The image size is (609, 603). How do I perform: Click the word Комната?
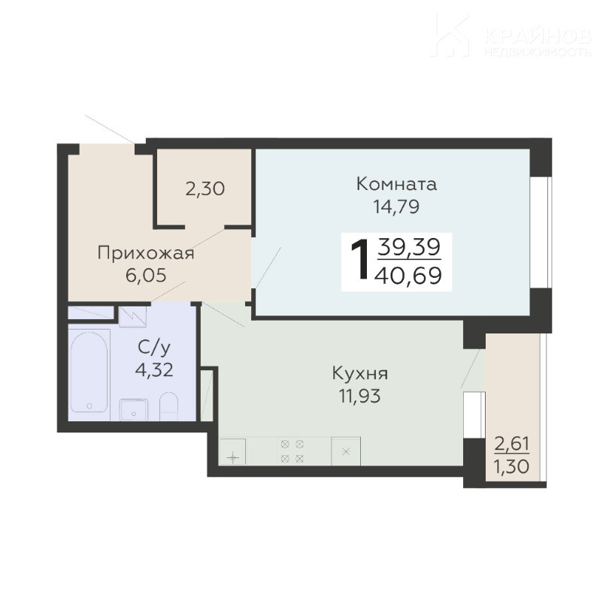[396, 184]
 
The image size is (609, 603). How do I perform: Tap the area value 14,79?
[396, 207]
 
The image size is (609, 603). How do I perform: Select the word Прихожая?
[146, 254]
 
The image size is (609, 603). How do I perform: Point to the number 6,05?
[146, 275]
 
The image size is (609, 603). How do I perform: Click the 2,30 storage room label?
[205, 189]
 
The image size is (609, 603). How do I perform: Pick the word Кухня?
[360, 374]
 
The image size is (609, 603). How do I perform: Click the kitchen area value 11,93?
[360, 396]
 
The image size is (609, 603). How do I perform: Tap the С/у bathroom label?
[154, 348]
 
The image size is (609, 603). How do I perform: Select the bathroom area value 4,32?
[154, 369]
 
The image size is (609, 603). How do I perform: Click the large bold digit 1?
[360, 259]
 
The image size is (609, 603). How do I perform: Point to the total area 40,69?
[408, 276]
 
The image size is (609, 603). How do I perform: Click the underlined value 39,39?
[409, 247]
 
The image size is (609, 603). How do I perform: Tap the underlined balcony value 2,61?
[511, 444]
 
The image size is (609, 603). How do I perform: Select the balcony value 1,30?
[511, 466]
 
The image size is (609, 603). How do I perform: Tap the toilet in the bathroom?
[169, 406]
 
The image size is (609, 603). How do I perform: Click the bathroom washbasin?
[134, 410]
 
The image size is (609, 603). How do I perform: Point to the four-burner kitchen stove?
[292, 451]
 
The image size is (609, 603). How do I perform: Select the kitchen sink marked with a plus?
[232, 451]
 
